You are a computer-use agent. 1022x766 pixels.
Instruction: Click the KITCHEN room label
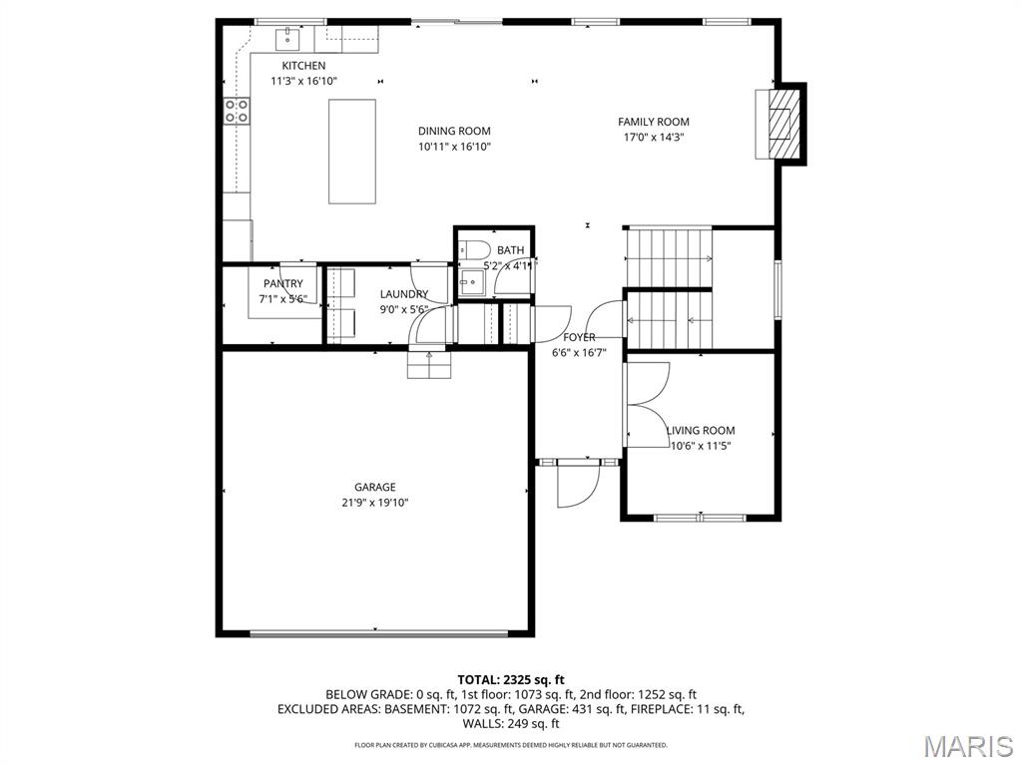303,66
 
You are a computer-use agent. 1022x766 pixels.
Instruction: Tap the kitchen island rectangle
352,152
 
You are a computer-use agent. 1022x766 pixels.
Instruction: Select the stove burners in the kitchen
236,111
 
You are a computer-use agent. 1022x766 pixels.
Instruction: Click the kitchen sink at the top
288,39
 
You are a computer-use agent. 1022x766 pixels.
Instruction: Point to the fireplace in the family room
784,124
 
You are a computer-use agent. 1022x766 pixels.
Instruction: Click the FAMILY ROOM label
654,122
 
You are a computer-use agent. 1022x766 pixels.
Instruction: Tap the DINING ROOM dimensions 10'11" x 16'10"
454,147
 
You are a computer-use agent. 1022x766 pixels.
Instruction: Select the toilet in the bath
473,249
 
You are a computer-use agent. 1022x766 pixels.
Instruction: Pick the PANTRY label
283,284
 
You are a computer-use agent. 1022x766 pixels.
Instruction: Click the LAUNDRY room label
404,294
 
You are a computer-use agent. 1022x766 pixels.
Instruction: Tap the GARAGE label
374,487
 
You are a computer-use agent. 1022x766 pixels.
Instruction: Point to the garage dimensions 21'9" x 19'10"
374,503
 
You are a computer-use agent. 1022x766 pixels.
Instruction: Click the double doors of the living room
646,405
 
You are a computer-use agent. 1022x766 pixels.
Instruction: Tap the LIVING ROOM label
701,431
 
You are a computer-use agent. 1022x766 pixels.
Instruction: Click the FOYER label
579,337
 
